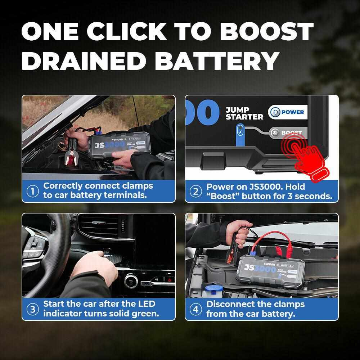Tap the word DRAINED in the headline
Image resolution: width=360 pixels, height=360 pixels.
coord(84,60)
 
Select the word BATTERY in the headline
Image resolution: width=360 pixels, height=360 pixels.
coord(217,60)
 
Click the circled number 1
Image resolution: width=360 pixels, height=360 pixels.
coord(33,191)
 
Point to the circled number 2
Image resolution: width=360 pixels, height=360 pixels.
coord(195,192)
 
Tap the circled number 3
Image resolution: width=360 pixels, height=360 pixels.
coord(33,309)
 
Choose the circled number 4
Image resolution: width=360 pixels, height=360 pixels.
coord(195,310)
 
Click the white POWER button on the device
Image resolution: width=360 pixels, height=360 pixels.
coord(288,112)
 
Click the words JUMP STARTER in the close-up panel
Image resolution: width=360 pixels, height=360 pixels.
coord(244,113)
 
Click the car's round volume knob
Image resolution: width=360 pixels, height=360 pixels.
coord(131,281)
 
